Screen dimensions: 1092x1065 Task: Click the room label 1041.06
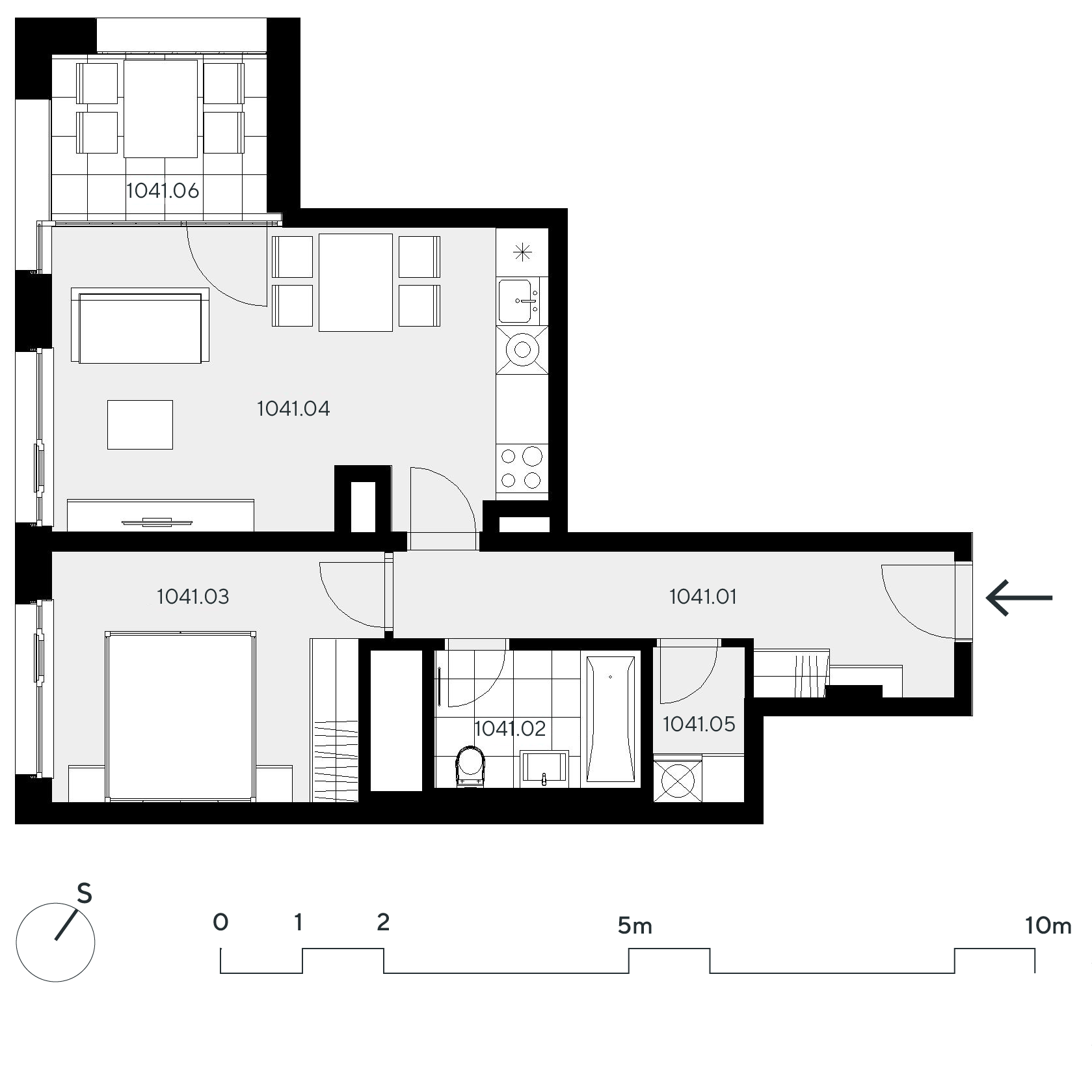[x=163, y=191]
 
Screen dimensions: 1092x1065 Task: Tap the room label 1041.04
[x=293, y=409]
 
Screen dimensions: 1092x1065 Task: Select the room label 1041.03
[x=193, y=597]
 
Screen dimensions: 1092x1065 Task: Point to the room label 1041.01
[x=703, y=597]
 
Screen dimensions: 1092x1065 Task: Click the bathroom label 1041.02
[x=510, y=729]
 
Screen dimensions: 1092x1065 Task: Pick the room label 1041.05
[x=699, y=724]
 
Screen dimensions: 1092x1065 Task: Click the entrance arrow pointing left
[x=1019, y=597]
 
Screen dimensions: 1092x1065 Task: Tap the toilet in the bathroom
[x=471, y=766]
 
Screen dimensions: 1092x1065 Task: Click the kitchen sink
[x=518, y=301]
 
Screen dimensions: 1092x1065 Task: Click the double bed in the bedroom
[x=180, y=716]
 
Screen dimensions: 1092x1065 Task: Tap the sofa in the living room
[x=140, y=327]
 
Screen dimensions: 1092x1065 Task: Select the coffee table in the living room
[x=140, y=425]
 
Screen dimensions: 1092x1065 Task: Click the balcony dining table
[x=161, y=109]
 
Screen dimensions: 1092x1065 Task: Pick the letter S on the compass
[x=85, y=893]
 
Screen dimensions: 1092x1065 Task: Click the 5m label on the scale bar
[x=635, y=925]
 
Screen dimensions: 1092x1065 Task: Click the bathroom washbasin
[x=544, y=769]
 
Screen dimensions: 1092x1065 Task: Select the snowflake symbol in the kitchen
[x=522, y=252]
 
